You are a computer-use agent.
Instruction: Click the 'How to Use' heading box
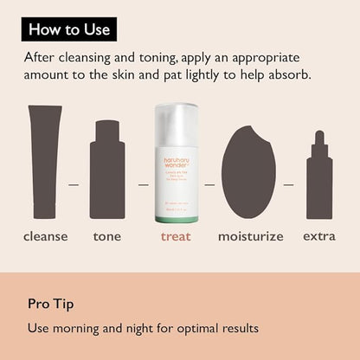pyautogui.click(x=69, y=29)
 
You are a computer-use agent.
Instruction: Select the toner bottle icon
pyautogui.click(x=107, y=169)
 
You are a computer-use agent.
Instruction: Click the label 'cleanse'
pyautogui.click(x=45, y=235)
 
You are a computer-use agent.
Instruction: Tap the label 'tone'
pyautogui.click(x=107, y=235)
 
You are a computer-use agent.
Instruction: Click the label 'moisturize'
pyautogui.click(x=250, y=235)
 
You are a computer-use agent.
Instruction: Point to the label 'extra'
pyautogui.click(x=320, y=235)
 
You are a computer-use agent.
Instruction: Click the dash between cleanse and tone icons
pyautogui.click(x=74, y=184)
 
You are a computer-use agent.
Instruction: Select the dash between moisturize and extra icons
pyautogui.click(x=288, y=184)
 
